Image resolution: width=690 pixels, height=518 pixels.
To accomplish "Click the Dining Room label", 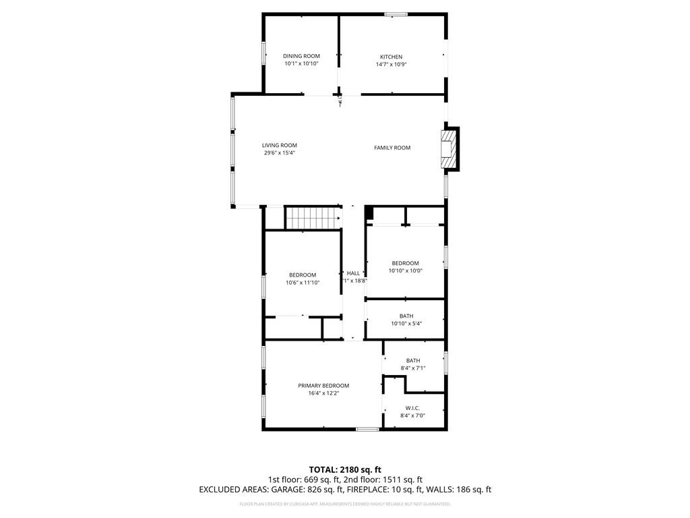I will tap(301, 56).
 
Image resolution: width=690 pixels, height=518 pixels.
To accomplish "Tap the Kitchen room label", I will tap(391, 57).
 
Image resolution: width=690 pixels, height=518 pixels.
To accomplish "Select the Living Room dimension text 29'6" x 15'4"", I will tap(280, 153).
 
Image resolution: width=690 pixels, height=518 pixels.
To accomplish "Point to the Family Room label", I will tap(392, 148).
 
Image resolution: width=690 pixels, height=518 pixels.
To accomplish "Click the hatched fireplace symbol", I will tap(448, 148).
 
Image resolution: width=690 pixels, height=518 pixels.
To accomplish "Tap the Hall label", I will tap(353, 273).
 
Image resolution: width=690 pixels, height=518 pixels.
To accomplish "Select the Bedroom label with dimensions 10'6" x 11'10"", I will tap(303, 275).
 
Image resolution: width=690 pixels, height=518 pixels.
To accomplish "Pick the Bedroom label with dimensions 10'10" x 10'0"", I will tap(405, 263).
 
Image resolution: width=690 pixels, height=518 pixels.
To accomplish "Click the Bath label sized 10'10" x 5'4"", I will tap(406, 316).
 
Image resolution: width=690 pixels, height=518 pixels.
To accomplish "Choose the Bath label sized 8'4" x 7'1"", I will tap(412, 360).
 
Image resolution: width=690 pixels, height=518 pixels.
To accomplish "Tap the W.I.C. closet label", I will tap(412, 408).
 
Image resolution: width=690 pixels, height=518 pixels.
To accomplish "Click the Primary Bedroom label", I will tap(323, 386).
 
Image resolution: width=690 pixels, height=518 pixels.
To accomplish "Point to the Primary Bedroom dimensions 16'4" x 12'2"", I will tap(323, 393).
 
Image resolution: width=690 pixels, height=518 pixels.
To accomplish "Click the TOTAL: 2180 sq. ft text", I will tap(345, 469).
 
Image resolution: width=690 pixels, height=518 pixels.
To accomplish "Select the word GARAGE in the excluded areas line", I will tap(293, 490).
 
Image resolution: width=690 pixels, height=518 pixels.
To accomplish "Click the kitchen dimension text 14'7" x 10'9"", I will tap(391, 64).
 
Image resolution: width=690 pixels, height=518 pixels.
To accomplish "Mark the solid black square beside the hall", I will tap(369, 213).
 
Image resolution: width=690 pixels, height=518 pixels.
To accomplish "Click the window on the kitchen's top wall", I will tap(396, 13).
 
